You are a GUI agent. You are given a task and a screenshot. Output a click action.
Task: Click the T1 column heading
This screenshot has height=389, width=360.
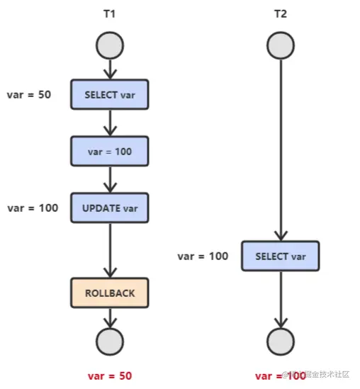pos(109,14)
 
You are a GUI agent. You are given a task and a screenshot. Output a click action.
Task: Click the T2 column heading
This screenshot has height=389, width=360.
pos(280,14)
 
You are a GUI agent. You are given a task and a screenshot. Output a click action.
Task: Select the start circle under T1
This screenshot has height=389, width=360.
pos(109,46)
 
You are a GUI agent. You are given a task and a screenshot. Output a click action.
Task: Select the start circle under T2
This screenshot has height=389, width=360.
pos(280,46)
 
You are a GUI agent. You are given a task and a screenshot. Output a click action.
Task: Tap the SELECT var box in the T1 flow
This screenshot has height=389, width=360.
pos(109,94)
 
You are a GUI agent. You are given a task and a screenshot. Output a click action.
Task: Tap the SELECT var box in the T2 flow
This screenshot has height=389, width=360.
pos(280,256)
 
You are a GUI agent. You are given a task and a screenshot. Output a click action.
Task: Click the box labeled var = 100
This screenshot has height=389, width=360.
pos(109,151)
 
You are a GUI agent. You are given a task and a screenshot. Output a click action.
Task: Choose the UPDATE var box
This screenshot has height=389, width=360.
pos(109,208)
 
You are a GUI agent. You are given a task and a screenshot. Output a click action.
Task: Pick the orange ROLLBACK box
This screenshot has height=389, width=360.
pos(109,293)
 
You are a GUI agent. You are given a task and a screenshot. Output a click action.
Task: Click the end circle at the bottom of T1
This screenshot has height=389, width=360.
pos(109,342)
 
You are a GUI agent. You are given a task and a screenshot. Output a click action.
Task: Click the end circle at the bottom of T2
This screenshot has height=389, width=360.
pos(280,342)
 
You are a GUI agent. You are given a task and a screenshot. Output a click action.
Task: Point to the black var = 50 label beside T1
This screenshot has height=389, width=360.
pos(28,94)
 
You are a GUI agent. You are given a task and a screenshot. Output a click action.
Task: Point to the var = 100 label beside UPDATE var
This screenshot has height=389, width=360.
pos(33,208)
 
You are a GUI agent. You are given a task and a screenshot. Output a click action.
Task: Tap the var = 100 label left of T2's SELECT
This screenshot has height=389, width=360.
pos(203,256)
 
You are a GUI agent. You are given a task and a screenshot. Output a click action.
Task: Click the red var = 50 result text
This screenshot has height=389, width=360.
pos(109,376)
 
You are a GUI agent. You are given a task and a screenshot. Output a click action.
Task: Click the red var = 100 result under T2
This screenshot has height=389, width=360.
pos(280,376)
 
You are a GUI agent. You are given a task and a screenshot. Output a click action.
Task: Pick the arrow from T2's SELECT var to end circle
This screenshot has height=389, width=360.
pos(280,298)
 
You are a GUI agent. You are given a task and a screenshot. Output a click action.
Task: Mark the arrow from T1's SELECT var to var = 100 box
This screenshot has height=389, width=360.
pos(109,123)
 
